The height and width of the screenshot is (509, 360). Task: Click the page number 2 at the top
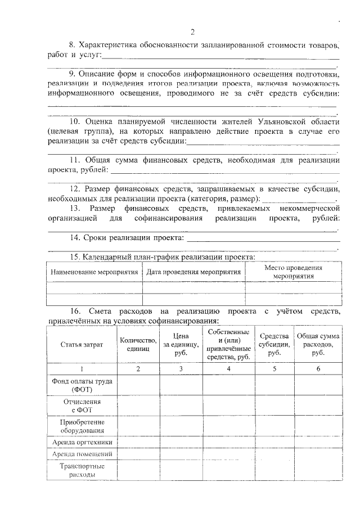click(x=192, y=31)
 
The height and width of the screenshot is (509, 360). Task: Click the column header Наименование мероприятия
click(x=94, y=272)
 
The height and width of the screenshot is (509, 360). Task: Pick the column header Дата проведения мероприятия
click(x=193, y=272)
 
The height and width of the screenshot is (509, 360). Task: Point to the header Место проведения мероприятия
click(x=293, y=272)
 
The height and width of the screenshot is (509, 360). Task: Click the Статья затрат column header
click(x=82, y=344)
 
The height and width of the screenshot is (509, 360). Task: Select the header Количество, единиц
click(x=138, y=344)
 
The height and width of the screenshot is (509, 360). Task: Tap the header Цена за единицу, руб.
click(x=182, y=344)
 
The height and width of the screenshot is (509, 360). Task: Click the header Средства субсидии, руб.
click(x=274, y=344)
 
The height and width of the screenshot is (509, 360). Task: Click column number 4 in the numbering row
click(x=228, y=369)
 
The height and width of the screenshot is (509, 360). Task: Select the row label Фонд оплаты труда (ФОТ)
click(x=82, y=385)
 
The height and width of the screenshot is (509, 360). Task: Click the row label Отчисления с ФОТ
click(x=82, y=406)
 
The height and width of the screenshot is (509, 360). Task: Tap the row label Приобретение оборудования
click(x=82, y=426)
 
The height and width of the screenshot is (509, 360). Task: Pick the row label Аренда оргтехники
click(x=82, y=442)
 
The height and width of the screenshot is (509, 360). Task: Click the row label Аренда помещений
click(x=82, y=454)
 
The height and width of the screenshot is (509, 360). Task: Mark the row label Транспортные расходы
click(x=82, y=470)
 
